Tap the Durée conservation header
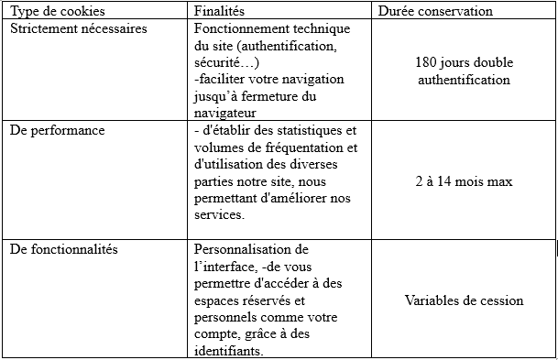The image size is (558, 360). pyautogui.click(x=435, y=11)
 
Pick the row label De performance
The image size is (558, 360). pyautogui.click(x=57, y=130)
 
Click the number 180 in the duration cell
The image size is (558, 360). pyautogui.click(x=427, y=63)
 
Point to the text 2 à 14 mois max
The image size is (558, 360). pyautogui.click(x=463, y=181)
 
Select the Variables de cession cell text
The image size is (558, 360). pyautogui.click(x=464, y=300)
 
